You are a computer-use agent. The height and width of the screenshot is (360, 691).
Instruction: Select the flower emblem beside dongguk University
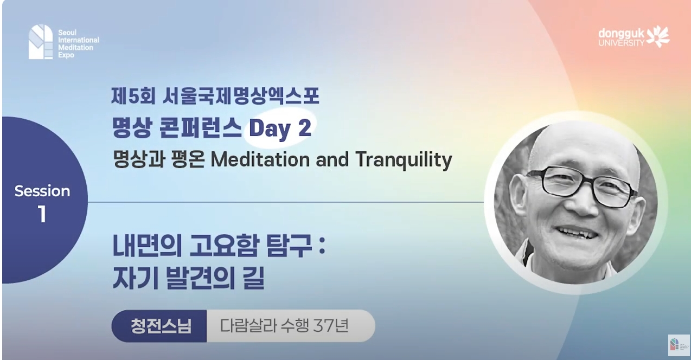click(658, 36)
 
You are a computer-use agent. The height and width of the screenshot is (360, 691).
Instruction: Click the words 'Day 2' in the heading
click(280, 128)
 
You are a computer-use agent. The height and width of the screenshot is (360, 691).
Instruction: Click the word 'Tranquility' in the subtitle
click(404, 160)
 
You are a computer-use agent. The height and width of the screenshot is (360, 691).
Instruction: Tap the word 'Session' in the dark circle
click(42, 191)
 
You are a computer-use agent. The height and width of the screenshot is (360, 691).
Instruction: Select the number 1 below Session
click(42, 215)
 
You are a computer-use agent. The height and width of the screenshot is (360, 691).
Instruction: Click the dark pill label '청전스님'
click(160, 326)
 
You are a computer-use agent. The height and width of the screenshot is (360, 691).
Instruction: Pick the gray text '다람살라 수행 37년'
click(284, 326)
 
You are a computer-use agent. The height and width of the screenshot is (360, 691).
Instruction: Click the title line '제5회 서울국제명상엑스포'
click(215, 97)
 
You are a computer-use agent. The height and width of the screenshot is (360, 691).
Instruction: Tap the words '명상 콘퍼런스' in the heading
click(177, 128)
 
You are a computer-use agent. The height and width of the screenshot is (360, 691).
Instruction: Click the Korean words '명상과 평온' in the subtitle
click(158, 160)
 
